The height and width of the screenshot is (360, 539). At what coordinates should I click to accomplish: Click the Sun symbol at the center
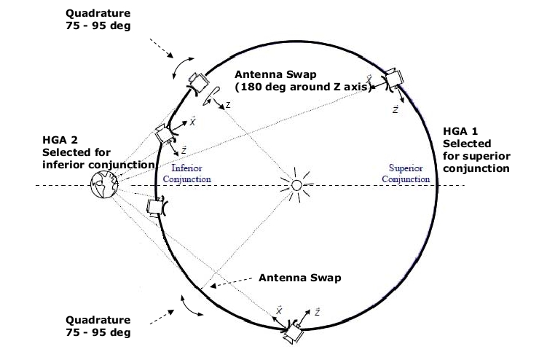coord(296,185)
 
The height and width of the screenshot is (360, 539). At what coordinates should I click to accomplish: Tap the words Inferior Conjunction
coord(187,173)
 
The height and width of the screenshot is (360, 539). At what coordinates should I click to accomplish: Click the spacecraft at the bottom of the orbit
coord(295,333)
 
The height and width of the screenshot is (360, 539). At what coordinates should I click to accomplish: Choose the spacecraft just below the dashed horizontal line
coord(156,207)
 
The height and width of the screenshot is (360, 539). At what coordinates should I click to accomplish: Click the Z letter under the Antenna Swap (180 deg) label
coord(228,105)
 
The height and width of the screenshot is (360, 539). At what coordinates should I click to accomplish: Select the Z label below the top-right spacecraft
coord(394,108)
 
